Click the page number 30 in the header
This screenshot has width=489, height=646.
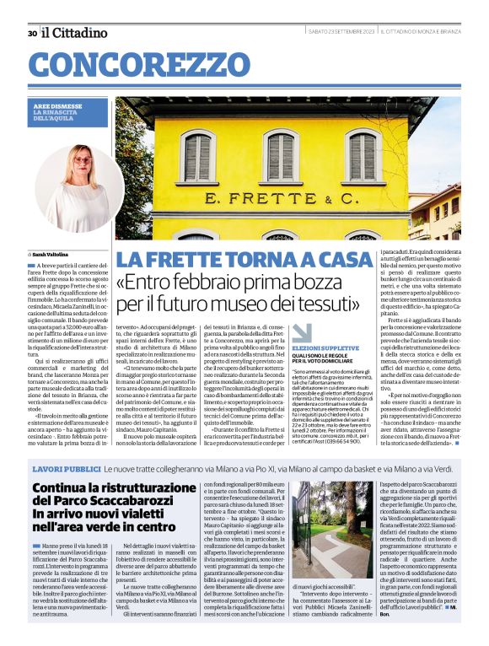pos(31,33)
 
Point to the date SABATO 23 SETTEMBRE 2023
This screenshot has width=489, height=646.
pos(341,33)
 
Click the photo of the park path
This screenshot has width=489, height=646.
pos(333,530)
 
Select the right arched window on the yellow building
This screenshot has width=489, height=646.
pos(362,154)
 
